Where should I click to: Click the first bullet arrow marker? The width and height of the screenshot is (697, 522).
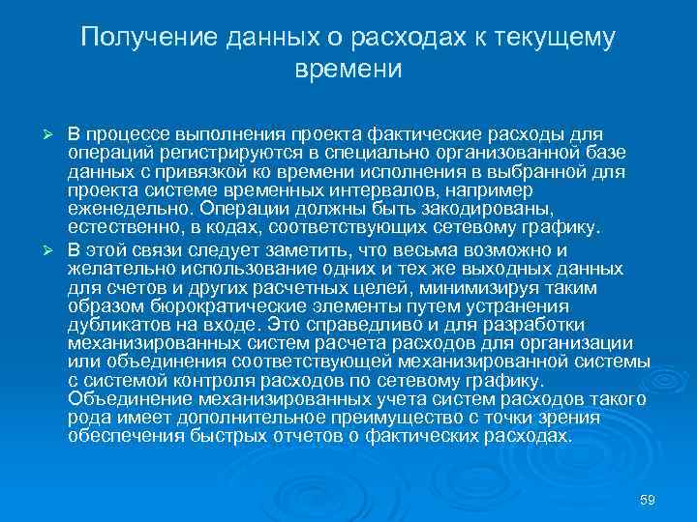[54, 131]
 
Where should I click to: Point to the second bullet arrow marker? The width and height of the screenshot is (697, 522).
[54, 249]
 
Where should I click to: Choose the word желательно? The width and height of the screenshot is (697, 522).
[115, 270]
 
